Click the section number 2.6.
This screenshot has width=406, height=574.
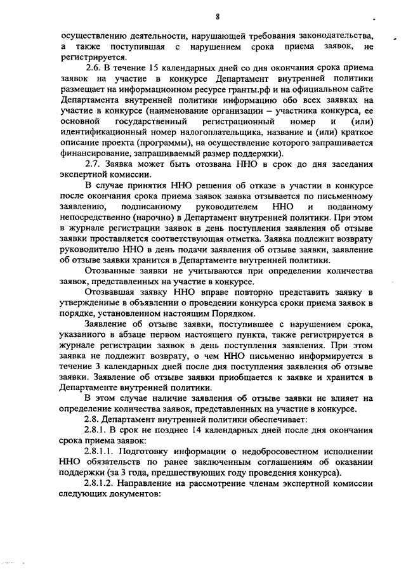93,68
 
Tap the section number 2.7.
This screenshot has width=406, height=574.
93,166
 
